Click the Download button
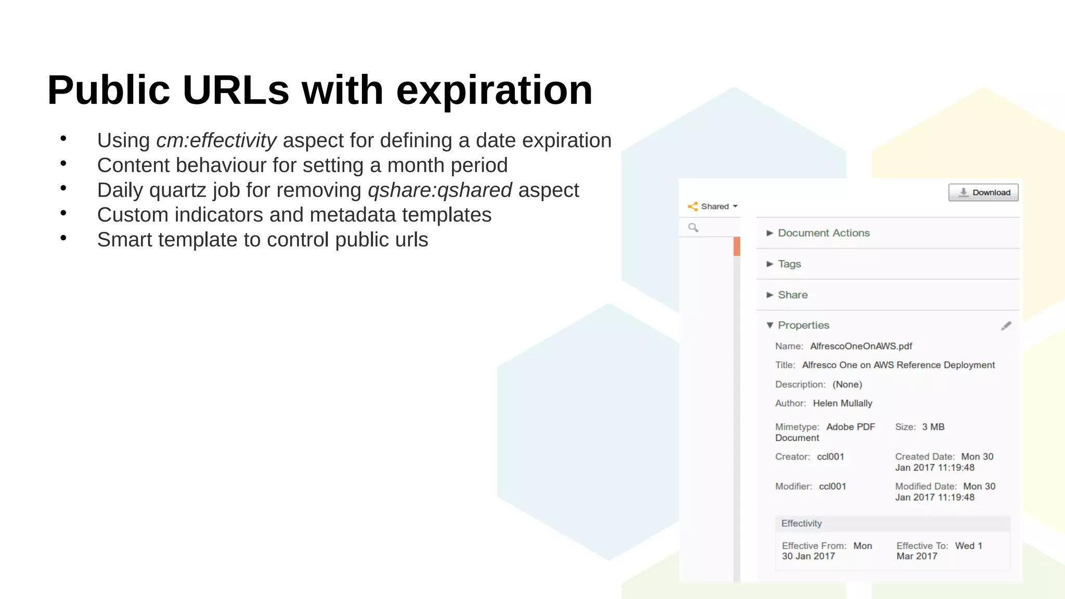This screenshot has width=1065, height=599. tap(983, 192)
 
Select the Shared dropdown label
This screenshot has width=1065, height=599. tap(715, 206)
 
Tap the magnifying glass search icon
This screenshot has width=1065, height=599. tap(693, 227)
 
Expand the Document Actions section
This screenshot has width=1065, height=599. tap(823, 233)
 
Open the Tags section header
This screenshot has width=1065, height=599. tap(789, 264)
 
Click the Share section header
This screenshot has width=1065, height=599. tap(793, 295)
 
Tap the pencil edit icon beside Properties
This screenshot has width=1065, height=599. tap(1006, 326)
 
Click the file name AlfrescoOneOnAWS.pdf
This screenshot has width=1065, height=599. tap(861, 346)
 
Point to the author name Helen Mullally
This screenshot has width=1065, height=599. tap(842, 403)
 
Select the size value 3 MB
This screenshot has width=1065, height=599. tap(933, 427)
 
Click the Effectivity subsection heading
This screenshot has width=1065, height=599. tap(801, 524)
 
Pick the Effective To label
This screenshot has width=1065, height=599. tap(922, 546)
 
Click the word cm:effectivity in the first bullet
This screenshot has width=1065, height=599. tap(216, 140)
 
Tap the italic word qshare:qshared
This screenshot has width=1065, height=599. tap(440, 190)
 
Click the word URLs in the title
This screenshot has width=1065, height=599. tap(236, 90)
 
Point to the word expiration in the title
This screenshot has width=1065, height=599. tap(494, 90)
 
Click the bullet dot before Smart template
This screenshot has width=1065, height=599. tap(63, 238)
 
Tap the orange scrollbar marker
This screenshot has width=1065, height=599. tap(736, 246)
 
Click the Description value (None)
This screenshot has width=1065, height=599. tap(847, 385)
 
